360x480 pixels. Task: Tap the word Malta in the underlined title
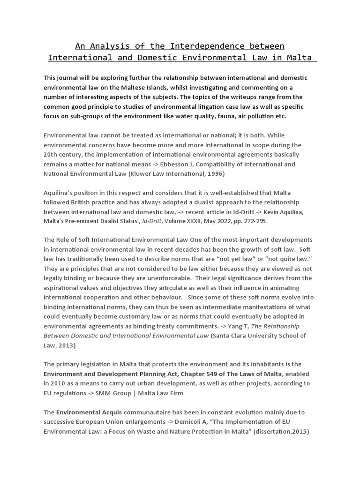point(299,58)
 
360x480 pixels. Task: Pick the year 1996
point(216,174)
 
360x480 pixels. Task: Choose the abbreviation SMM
point(108,393)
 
